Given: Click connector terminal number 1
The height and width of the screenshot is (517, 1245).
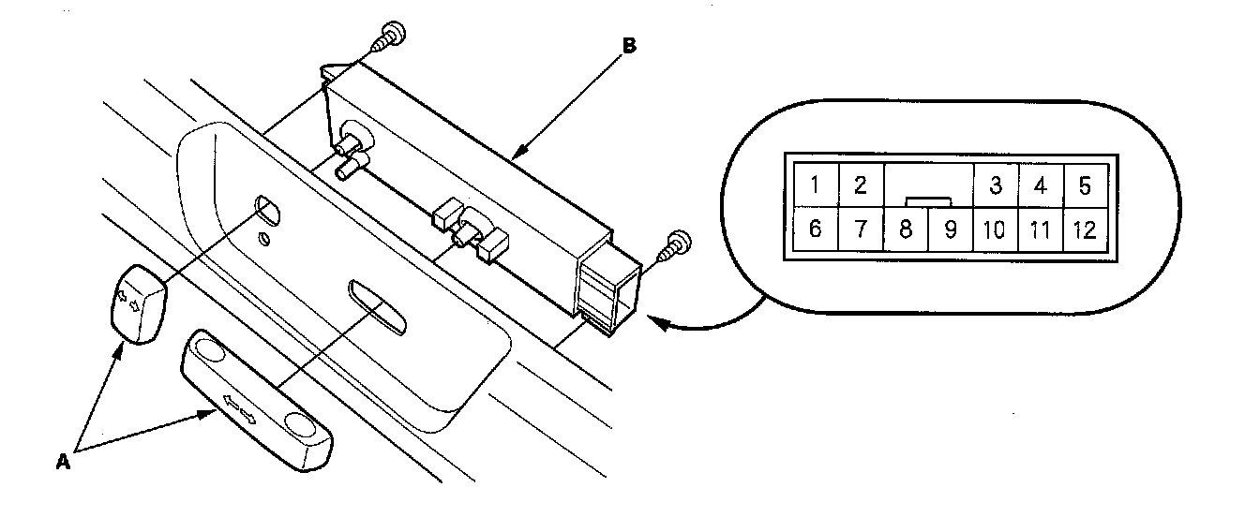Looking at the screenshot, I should (x=816, y=185).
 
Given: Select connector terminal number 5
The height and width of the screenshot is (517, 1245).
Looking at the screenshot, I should (x=1085, y=185).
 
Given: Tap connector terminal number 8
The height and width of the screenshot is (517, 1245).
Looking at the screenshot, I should (x=906, y=229).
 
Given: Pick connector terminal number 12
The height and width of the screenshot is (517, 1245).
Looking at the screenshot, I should (x=1085, y=229).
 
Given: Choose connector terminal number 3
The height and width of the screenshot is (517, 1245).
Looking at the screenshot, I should (x=996, y=185).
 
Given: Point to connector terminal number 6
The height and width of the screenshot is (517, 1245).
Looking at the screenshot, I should (x=816, y=229).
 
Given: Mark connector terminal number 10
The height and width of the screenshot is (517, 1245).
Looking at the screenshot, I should (x=996, y=229).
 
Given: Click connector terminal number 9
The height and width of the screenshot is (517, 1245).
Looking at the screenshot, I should (x=950, y=229).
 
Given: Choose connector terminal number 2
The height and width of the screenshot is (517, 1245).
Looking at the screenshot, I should (x=860, y=185).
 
